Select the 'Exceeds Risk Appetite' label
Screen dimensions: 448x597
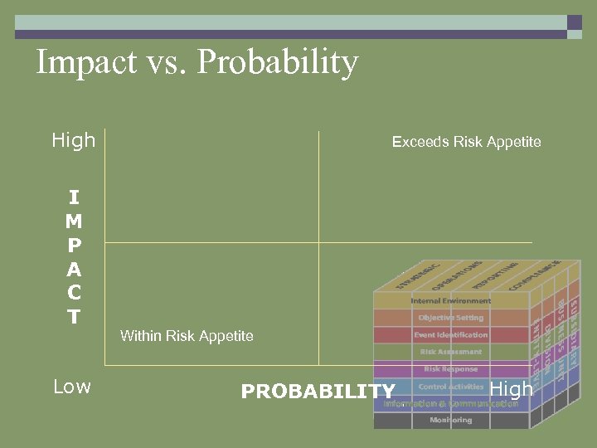click(x=466, y=142)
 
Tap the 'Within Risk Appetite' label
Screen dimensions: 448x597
click(x=187, y=336)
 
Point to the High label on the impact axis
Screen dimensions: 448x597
click(x=74, y=140)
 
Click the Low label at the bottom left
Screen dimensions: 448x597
click(x=72, y=387)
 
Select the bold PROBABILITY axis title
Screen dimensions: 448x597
click(x=318, y=391)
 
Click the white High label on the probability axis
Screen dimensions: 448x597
click(x=512, y=388)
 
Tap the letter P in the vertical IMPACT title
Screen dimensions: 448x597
click(x=74, y=246)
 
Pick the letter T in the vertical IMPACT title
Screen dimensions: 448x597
click(x=74, y=317)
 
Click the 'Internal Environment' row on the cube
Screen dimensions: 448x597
click(x=450, y=300)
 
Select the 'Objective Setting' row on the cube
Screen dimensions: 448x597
click(x=450, y=318)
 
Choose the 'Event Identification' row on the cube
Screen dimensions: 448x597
click(x=450, y=335)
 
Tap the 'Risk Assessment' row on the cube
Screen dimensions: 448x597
click(x=450, y=352)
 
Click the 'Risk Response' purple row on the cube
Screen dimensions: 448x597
click(x=450, y=369)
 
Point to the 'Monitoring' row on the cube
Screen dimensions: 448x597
click(x=450, y=421)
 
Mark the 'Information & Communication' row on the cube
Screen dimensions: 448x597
click(x=450, y=404)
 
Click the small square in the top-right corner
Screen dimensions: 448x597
click(x=574, y=22)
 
